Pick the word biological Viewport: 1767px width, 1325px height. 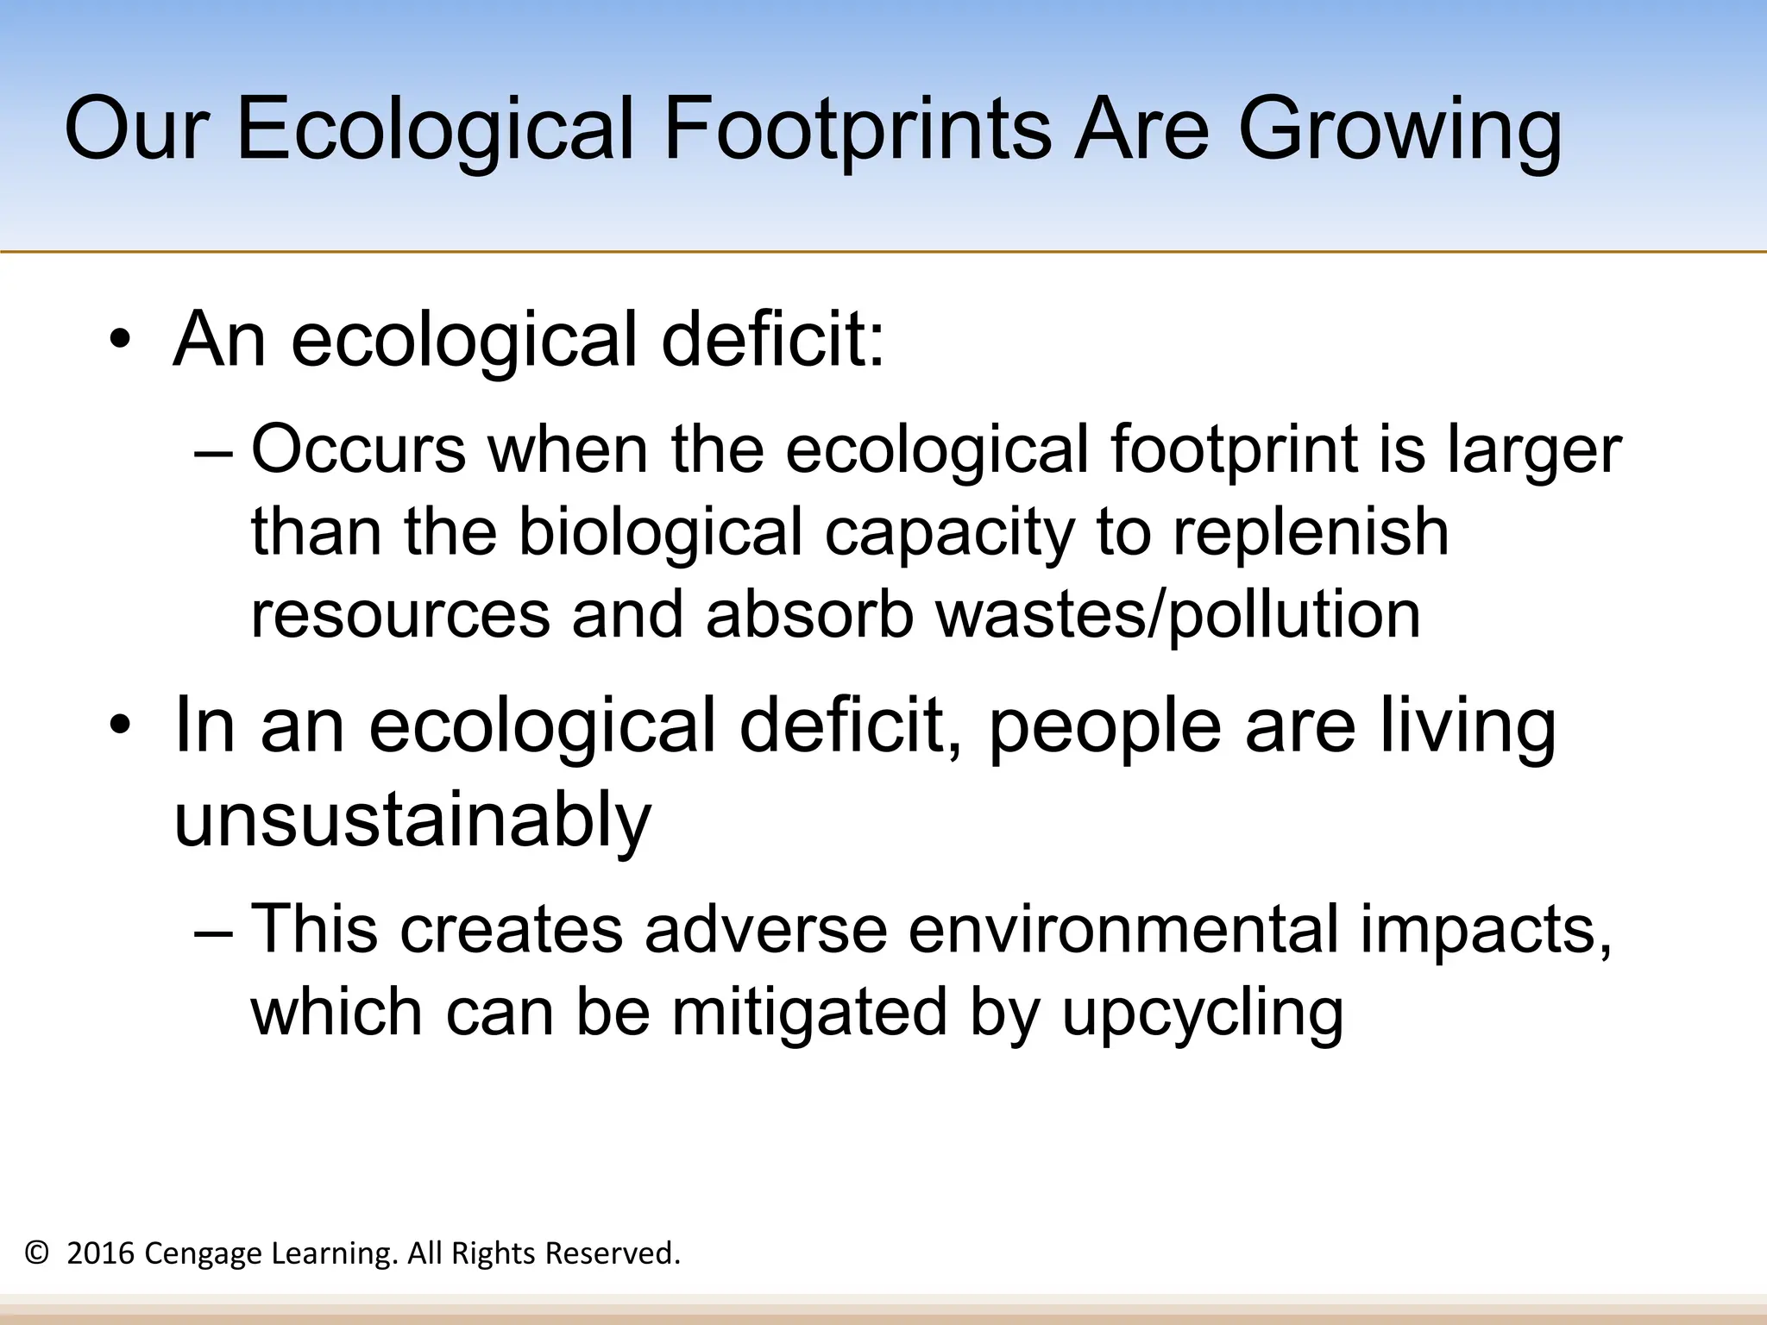661,532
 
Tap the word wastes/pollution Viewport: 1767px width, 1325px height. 1178,615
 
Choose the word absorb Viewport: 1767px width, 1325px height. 809,615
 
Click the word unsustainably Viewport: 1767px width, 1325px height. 412,819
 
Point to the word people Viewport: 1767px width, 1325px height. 1104,726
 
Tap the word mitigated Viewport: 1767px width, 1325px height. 810,1013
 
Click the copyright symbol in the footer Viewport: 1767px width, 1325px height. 36,1253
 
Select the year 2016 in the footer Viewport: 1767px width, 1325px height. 100,1253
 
